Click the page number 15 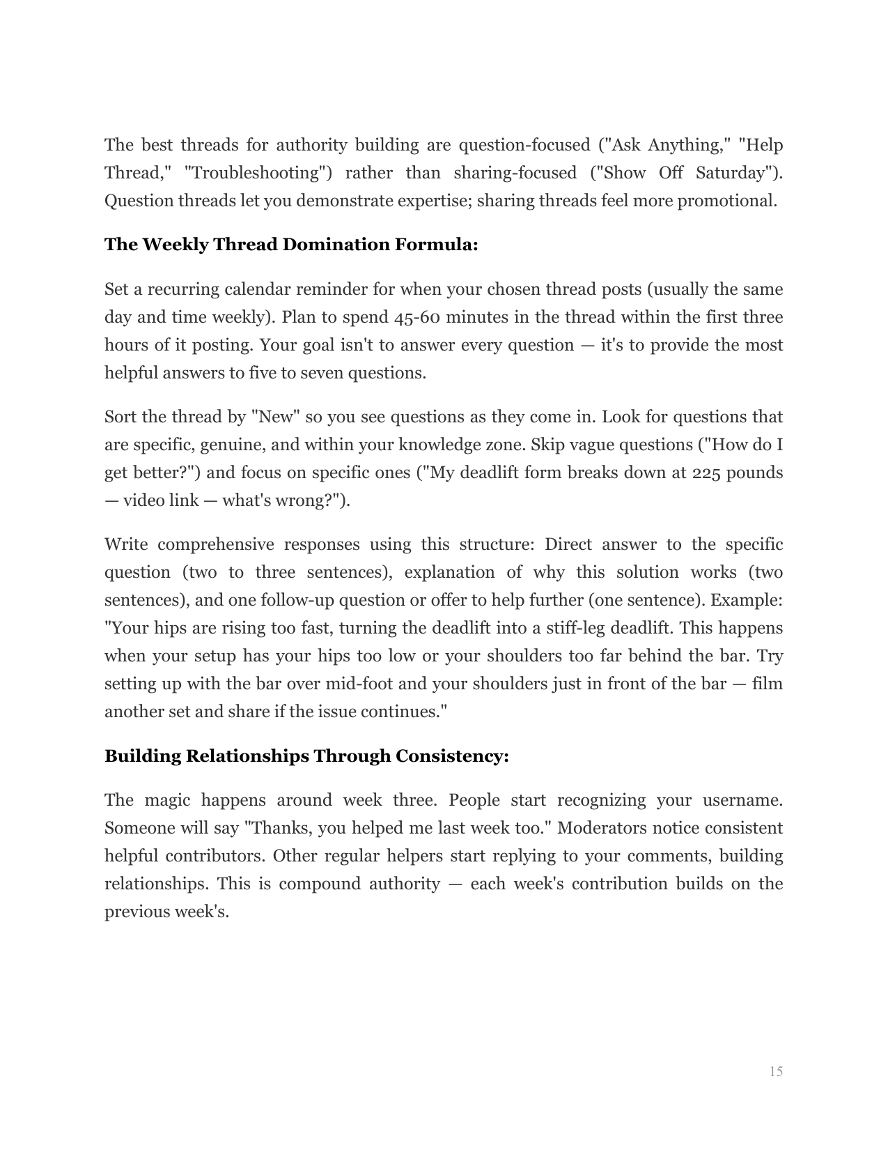(776, 1071)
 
